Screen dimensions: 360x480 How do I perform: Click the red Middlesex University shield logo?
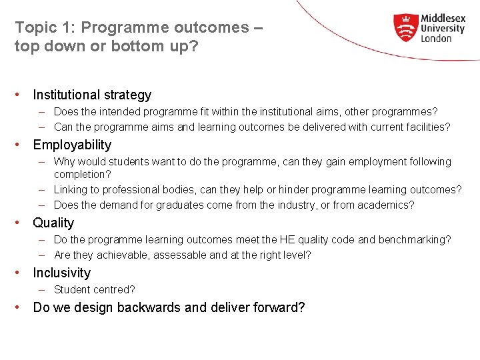click(x=405, y=28)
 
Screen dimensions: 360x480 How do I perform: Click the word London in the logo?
click(x=437, y=39)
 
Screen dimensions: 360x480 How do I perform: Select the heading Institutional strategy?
click(x=92, y=95)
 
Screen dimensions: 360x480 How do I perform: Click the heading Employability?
click(x=72, y=145)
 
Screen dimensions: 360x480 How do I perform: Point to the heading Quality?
click(x=53, y=223)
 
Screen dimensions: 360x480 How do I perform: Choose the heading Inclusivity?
click(x=61, y=273)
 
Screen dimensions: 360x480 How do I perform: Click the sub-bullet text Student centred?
click(x=94, y=289)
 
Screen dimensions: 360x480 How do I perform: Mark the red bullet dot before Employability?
click(x=21, y=145)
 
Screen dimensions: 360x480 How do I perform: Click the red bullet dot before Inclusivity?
click(x=21, y=273)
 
